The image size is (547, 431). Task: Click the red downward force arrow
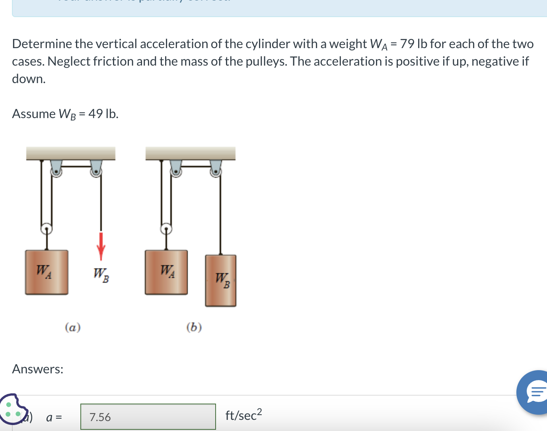tap(101, 245)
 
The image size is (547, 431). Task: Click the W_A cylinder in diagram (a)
tap(47, 272)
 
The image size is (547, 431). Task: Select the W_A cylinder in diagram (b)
tap(166, 272)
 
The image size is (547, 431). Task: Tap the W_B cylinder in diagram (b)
tap(221, 281)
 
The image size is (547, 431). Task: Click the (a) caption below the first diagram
tap(73, 327)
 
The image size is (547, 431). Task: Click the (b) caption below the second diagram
tap(194, 327)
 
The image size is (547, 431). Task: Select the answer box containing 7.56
tap(148, 417)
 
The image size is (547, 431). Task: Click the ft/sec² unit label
tap(243, 415)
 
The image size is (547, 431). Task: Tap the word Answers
tap(38, 369)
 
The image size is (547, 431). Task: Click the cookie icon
tap(13, 410)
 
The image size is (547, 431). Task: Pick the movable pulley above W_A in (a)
tap(47, 229)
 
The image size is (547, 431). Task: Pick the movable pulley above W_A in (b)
tap(166, 229)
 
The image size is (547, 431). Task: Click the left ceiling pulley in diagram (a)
tap(56, 171)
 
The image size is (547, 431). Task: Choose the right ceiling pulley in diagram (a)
tap(96, 171)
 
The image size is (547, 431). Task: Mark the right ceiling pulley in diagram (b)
tap(216, 171)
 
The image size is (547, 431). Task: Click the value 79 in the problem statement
tap(407, 44)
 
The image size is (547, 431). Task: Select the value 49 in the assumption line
tap(95, 114)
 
